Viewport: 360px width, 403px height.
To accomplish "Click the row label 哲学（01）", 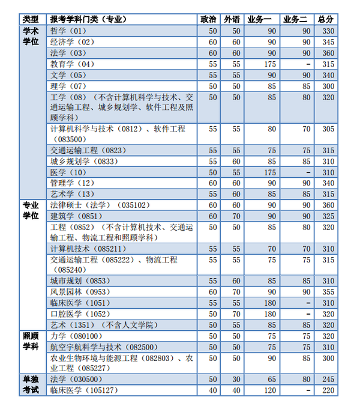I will click(69, 31).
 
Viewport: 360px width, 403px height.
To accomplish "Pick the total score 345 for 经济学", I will click(328, 42).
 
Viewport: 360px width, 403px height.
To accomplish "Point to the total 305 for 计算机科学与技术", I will click(328, 129).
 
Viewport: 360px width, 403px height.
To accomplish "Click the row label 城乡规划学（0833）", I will click(83, 162).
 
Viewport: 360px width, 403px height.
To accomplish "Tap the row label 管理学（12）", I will click(72, 183).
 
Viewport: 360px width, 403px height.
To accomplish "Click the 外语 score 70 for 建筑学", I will click(236, 216).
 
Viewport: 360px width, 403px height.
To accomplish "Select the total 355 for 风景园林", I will click(328, 292).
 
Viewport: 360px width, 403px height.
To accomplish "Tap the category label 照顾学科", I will click(31, 341).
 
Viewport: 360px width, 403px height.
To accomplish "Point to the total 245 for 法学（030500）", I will click(328, 380).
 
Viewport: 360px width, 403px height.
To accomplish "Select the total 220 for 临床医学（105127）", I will click(328, 390).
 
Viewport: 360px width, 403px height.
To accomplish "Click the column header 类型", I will click(31, 19).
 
